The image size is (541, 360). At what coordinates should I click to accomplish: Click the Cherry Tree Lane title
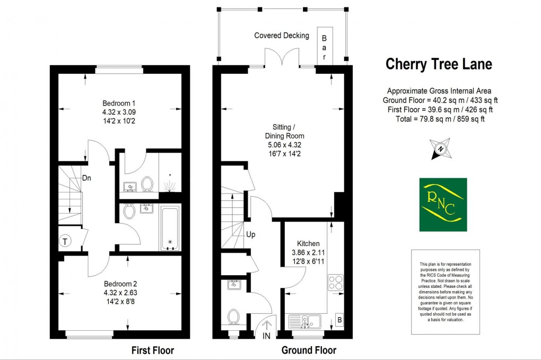coord(439,64)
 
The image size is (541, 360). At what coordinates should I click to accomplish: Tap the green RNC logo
coord(443,204)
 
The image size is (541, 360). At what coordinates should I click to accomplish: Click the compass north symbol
coord(440,149)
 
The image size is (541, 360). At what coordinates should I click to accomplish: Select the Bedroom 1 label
coord(119,103)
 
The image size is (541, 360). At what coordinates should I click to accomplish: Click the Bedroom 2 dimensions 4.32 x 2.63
coord(120,292)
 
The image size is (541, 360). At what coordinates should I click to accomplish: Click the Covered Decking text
coord(281,36)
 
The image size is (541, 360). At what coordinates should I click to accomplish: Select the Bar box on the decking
coord(325,46)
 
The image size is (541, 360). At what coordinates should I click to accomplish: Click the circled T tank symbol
coord(65,242)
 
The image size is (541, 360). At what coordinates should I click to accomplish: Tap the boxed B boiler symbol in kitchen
coord(339,320)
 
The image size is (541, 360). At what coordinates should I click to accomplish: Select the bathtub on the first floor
coord(171,228)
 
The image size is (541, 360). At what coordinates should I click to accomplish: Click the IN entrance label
coord(266,335)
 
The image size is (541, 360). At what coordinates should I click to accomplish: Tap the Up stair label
coord(251,233)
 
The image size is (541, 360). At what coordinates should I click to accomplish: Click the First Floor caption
coord(152,350)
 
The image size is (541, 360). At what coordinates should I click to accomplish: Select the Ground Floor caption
coord(309,350)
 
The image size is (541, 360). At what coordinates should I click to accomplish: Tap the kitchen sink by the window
coord(305,320)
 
